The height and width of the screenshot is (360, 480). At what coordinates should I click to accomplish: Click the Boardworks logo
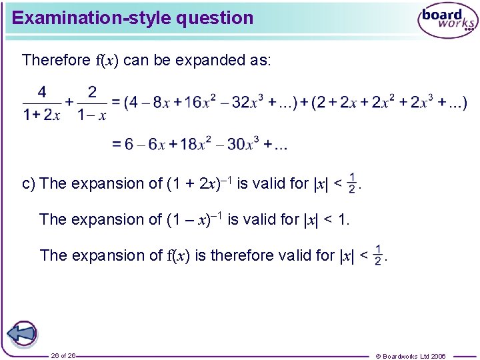(x=447, y=21)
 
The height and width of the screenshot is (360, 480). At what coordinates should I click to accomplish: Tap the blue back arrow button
(x=22, y=333)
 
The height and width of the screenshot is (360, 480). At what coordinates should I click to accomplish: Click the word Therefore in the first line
(x=55, y=60)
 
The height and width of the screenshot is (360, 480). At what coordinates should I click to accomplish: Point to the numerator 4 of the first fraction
(x=42, y=92)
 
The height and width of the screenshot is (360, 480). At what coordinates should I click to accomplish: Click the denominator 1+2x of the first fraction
(x=42, y=115)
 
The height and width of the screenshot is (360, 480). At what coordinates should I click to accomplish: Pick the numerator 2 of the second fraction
(x=92, y=92)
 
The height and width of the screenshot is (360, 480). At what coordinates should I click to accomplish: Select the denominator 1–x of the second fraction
(x=92, y=115)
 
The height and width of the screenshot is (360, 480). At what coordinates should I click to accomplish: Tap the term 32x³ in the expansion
(x=245, y=102)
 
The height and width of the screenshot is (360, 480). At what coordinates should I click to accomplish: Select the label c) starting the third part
(x=29, y=183)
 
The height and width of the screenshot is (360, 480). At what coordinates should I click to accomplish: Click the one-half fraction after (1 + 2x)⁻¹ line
(x=352, y=183)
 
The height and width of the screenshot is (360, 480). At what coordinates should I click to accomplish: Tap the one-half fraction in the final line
(x=378, y=255)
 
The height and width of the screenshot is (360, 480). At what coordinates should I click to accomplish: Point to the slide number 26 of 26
(x=63, y=355)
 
